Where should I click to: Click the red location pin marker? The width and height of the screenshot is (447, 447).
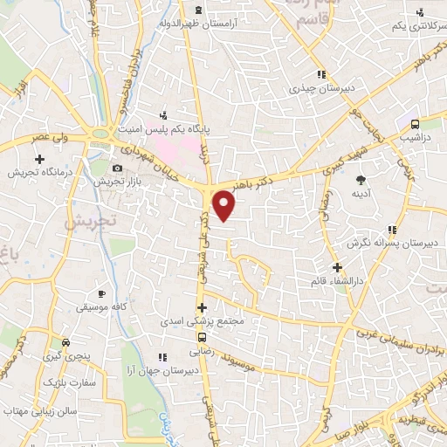[x=225, y=206]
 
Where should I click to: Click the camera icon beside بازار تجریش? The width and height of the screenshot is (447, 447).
[x=119, y=167]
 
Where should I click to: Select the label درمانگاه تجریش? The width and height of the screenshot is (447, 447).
[x=39, y=172]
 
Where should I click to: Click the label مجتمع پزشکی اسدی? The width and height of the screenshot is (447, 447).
[x=202, y=321]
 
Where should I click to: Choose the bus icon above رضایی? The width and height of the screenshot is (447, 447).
[x=202, y=337]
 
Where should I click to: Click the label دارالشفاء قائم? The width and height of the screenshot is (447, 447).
[x=337, y=280]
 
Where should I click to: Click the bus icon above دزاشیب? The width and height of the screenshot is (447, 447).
[x=415, y=124]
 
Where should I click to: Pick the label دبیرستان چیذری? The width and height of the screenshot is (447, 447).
[x=322, y=87]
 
